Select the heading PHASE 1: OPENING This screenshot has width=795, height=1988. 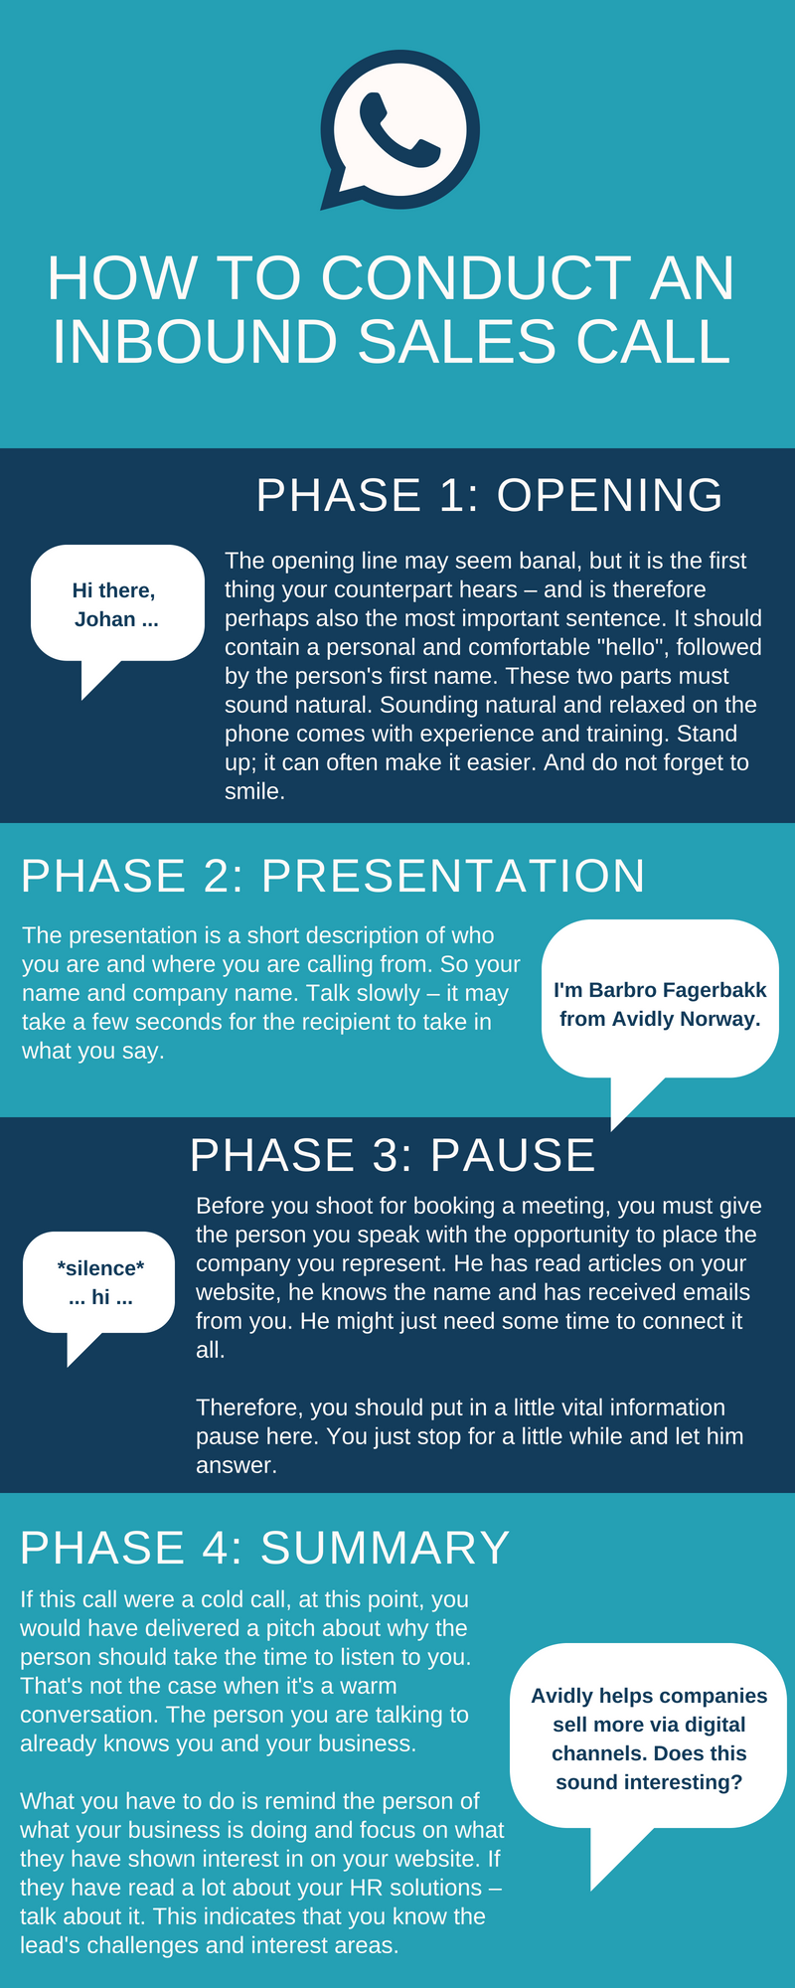[x=489, y=495]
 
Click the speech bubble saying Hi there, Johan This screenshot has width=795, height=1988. [x=117, y=604]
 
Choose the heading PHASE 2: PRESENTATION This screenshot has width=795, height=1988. [x=333, y=876]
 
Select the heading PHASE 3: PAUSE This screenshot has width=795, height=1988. [x=393, y=1155]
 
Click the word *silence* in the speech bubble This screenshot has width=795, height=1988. [x=100, y=1268]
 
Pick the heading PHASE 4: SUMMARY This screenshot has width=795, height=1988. [x=265, y=1548]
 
